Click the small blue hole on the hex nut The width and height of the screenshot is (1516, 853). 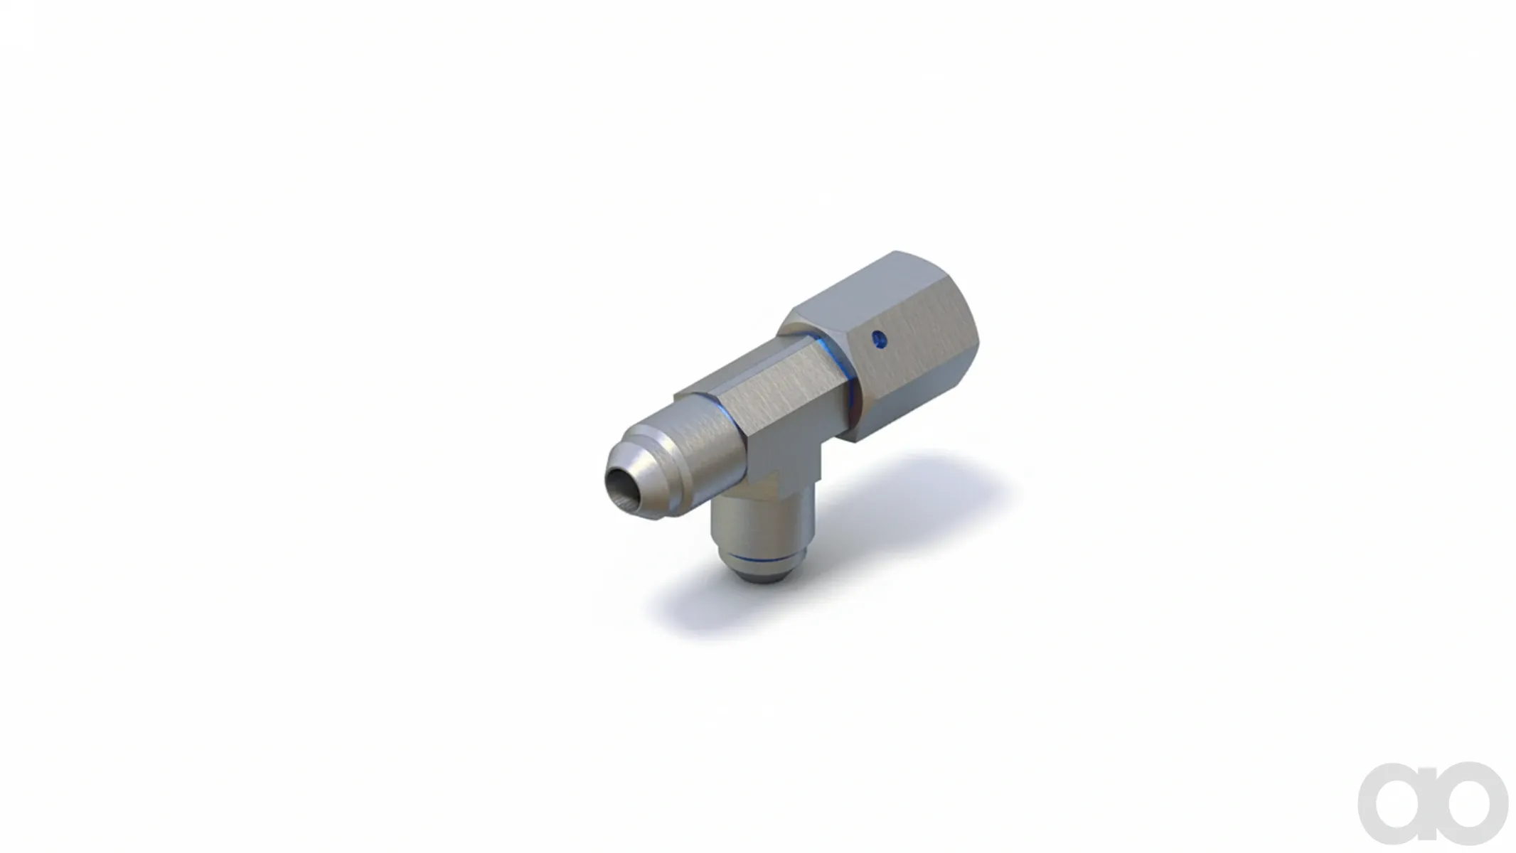click(x=880, y=340)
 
